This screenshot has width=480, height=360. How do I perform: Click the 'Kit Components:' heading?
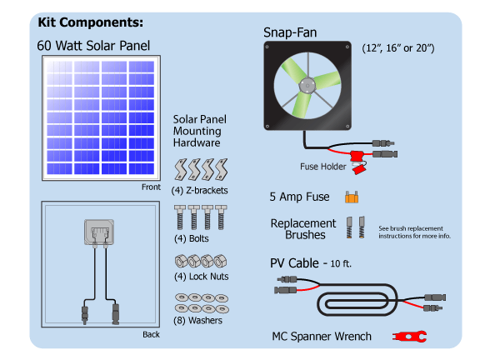coord(91,22)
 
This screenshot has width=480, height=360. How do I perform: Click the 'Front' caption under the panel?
coord(151,187)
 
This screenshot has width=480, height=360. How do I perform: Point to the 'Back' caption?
coord(151,334)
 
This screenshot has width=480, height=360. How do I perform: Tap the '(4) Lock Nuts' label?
coord(201,276)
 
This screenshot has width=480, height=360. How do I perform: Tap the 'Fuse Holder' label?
coord(322,166)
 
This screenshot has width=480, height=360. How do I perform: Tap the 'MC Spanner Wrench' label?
coord(322,337)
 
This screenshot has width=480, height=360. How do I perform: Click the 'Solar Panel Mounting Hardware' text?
coord(199,131)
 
